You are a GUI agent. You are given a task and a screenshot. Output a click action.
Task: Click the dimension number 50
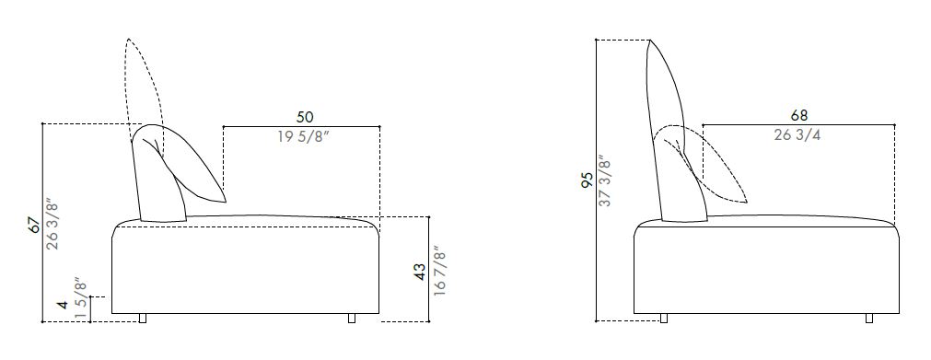pyautogui.click(x=304, y=117)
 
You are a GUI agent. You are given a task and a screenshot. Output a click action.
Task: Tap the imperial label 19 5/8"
pyautogui.click(x=303, y=136)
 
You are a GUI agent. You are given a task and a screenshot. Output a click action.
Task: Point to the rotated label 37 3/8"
pyautogui.click(x=607, y=180)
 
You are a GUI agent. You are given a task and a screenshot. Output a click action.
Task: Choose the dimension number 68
pyautogui.click(x=799, y=117)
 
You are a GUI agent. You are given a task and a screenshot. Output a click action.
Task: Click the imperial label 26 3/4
pyautogui.click(x=798, y=136)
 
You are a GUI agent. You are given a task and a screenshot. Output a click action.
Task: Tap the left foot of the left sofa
pyautogui.click(x=143, y=319)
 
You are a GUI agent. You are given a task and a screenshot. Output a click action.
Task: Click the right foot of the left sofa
pyautogui.click(x=352, y=319)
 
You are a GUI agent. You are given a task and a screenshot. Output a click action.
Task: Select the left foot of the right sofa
pyautogui.click(x=664, y=319)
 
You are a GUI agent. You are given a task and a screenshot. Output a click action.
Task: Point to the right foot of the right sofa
pyautogui.click(x=870, y=319)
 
